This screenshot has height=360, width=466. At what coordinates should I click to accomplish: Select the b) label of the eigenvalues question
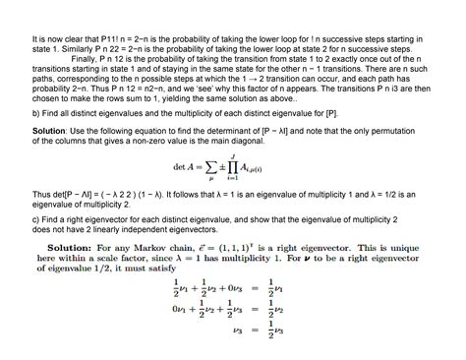[36, 113]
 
